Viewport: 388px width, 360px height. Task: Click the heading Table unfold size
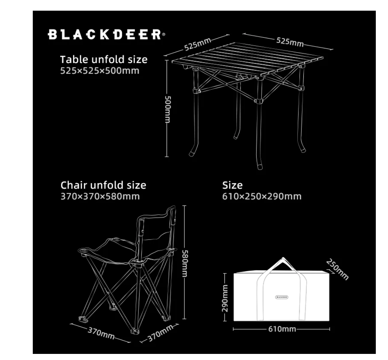tap(104, 60)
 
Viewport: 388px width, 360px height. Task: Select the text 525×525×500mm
tap(100, 71)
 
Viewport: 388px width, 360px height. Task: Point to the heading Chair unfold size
tap(103, 185)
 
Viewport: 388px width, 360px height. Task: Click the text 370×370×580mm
tap(100, 196)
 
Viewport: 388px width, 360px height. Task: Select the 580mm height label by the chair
tap(184, 263)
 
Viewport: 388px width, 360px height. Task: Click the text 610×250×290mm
tap(262, 196)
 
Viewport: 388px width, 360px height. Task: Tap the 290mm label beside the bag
tap(225, 297)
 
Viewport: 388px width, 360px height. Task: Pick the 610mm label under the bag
tap(282, 329)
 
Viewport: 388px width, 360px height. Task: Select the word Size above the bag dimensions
tap(232, 185)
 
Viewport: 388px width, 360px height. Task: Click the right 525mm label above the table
tap(290, 41)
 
